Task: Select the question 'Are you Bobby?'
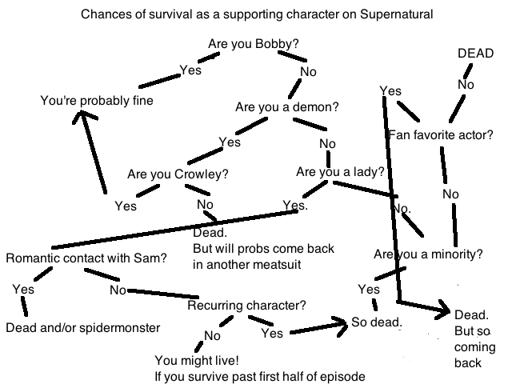[x=254, y=42]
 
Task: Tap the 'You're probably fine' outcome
[x=97, y=101]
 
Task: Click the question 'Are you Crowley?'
[x=178, y=174]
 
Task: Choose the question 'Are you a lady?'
[x=339, y=171]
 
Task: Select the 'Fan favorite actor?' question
[x=440, y=134]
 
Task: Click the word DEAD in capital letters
[x=475, y=53]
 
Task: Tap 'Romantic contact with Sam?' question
[x=86, y=258]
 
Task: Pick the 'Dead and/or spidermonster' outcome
[x=83, y=327]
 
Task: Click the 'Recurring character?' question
[x=246, y=306]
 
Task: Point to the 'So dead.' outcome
[x=377, y=322]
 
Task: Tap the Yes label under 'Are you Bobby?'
[x=190, y=70]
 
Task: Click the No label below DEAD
[x=466, y=83]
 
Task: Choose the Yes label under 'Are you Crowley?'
[x=126, y=206]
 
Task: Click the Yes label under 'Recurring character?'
[x=272, y=333]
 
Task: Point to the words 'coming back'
[x=469, y=355]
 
